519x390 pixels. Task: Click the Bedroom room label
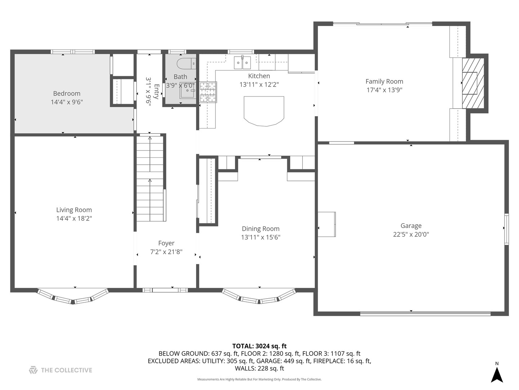pos(67,93)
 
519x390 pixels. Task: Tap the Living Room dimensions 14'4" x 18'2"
pos(74,218)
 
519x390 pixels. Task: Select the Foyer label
pos(166,243)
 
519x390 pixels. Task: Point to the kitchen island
pos(264,111)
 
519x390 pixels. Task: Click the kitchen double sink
pos(242,62)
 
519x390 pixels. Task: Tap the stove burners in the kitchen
pos(208,92)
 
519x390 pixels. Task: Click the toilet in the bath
pos(186,64)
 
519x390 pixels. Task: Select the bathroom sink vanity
pos(188,90)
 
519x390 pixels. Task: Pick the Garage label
pos(411,226)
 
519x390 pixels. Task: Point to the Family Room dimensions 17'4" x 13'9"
pos(384,90)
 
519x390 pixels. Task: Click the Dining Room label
pos(261,229)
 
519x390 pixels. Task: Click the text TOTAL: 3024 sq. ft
pos(259,346)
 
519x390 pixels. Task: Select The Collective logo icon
pos(33,370)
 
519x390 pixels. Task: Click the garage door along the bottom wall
pos(425,314)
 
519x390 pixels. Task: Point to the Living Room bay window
pos(73,296)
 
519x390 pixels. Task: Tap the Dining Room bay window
pos(259,296)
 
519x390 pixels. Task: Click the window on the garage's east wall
pos(506,229)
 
